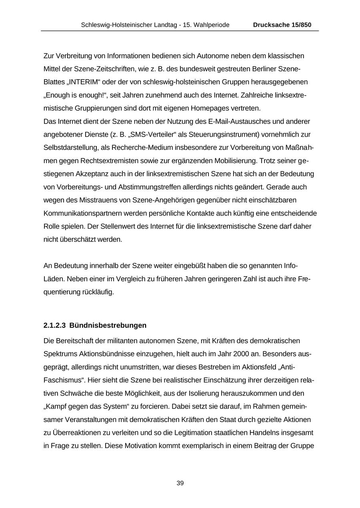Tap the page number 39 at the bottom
coord(180,483)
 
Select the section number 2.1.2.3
coord(54,325)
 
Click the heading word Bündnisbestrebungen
coord(108,325)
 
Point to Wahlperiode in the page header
coord(212,25)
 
